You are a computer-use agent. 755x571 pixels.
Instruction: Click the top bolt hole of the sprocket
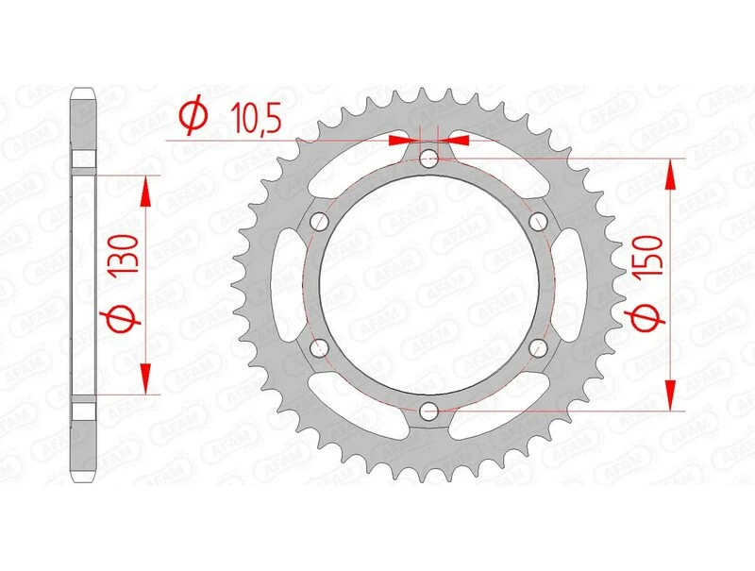[429, 158]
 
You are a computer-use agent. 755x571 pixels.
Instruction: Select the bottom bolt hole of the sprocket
[429, 411]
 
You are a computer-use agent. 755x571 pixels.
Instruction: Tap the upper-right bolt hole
[539, 221]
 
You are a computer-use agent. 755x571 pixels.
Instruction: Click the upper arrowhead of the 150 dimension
[671, 176]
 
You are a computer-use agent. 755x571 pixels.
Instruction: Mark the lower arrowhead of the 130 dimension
[145, 378]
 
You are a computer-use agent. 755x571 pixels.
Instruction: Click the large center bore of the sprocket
[429, 284]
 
